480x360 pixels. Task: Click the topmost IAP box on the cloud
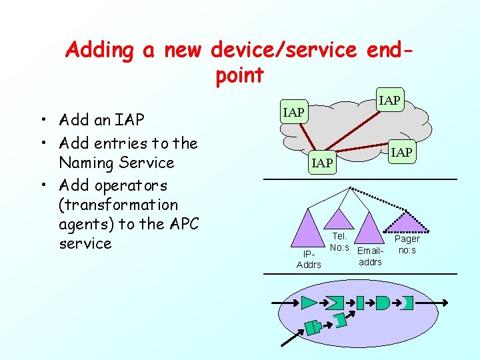pyautogui.click(x=389, y=101)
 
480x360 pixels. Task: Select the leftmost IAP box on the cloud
pyautogui.click(x=293, y=112)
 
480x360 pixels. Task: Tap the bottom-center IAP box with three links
pyautogui.click(x=322, y=163)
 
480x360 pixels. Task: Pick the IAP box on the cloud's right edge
pyautogui.click(x=401, y=153)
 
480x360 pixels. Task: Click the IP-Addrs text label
pyautogui.click(x=309, y=259)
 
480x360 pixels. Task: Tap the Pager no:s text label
pyautogui.click(x=407, y=244)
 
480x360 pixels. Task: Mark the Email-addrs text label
pyautogui.click(x=371, y=257)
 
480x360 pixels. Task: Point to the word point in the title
pyautogui.click(x=240, y=75)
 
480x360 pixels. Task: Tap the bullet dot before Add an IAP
pyautogui.click(x=42, y=121)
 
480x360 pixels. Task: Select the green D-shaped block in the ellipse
pyautogui.click(x=382, y=303)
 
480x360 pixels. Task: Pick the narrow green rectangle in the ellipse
pyautogui.click(x=360, y=303)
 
